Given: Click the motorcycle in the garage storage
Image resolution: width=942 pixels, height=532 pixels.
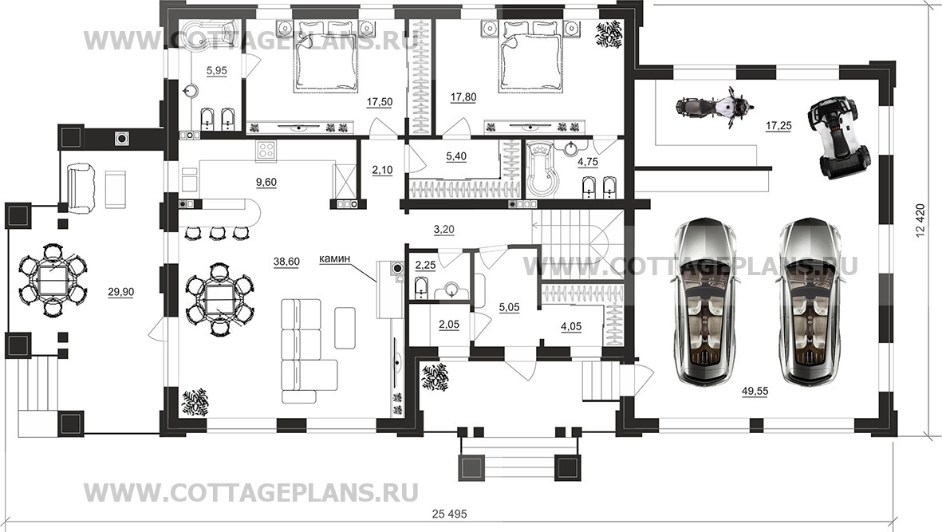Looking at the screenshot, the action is [714, 108].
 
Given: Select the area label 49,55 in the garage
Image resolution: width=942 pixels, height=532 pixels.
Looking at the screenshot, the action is [755, 392].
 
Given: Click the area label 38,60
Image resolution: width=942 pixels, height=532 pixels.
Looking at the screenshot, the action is [286, 262].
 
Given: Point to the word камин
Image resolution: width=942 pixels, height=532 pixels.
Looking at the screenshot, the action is [335, 258].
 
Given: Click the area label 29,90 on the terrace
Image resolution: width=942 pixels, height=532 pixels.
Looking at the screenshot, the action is [120, 293].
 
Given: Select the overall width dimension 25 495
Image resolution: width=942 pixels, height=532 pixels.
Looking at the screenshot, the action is [449, 514].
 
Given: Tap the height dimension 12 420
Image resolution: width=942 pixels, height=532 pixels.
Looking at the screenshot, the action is [921, 221].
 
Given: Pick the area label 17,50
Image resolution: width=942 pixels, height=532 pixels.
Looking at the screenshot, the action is [380, 102].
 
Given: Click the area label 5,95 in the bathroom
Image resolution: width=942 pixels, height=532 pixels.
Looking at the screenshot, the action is [217, 71].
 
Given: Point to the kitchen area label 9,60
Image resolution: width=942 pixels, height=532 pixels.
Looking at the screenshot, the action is [266, 183].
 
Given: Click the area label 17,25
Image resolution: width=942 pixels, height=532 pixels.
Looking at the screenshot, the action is [778, 125].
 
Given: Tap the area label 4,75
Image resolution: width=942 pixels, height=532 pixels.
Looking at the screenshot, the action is [588, 162].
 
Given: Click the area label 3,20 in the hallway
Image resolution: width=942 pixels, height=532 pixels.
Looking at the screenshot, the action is [444, 230].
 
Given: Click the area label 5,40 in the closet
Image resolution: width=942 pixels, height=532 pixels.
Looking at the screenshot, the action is [456, 156].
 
